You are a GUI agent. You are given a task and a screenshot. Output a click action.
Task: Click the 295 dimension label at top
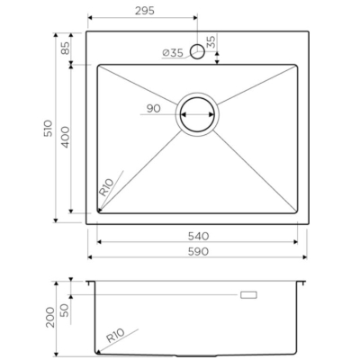(x=145, y=11)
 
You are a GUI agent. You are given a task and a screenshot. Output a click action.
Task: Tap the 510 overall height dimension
(x=48, y=128)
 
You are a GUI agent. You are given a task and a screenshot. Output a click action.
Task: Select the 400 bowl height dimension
(x=65, y=137)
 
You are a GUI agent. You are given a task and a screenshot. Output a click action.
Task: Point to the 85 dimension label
(x=65, y=48)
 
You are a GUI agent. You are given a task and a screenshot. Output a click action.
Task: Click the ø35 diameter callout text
(x=173, y=53)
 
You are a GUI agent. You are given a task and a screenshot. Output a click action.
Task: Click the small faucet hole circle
(x=198, y=51)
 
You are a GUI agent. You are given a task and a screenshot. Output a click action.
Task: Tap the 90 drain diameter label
(x=153, y=109)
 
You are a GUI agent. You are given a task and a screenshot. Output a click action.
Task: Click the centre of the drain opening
(x=198, y=114)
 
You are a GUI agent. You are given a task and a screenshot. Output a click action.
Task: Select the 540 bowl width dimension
(x=198, y=237)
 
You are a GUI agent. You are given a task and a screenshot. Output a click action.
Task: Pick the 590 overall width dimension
(x=198, y=251)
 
